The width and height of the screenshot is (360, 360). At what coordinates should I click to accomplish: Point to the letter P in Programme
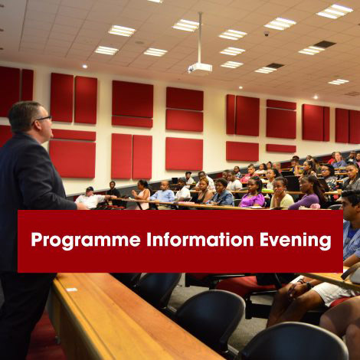click(x=35, y=240)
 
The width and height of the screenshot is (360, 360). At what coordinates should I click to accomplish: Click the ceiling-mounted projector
click(x=200, y=67)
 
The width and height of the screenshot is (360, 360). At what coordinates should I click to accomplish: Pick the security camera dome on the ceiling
click(x=266, y=33)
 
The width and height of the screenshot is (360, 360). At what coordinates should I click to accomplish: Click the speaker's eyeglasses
click(x=42, y=118)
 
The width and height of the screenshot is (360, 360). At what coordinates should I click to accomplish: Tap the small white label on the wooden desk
click(x=71, y=289)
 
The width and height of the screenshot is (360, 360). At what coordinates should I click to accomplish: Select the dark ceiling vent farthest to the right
click(x=325, y=44)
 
